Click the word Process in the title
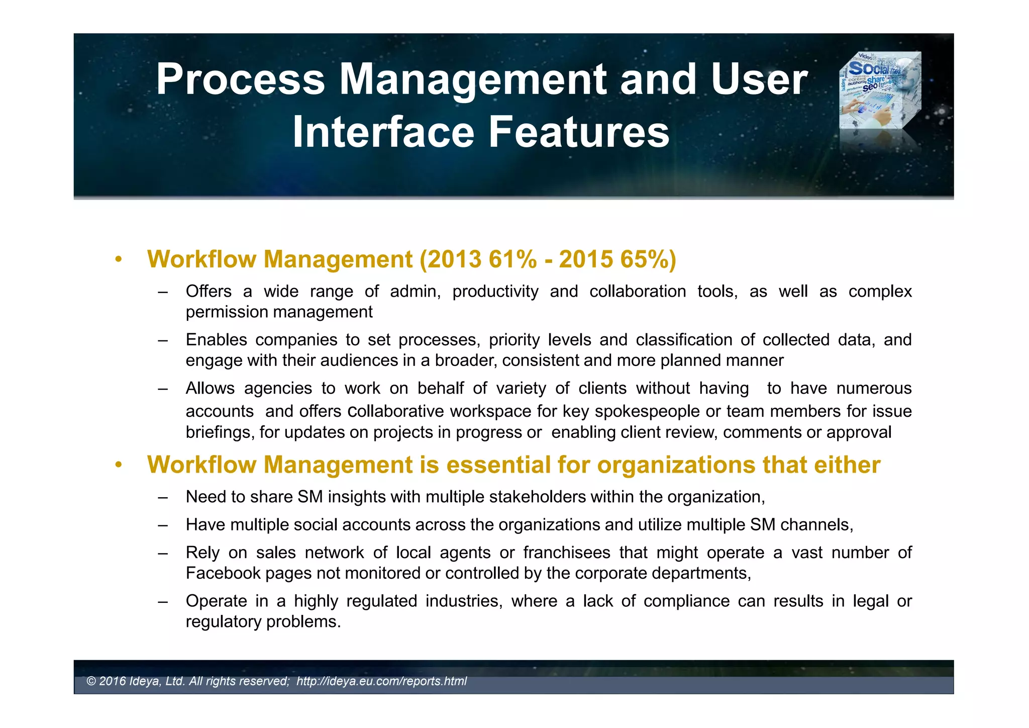point(240,79)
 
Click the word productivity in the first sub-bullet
point(495,292)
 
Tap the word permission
point(225,312)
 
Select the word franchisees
point(566,553)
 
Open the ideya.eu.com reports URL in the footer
point(381,681)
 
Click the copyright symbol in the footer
point(91,681)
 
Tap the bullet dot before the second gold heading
point(118,465)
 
